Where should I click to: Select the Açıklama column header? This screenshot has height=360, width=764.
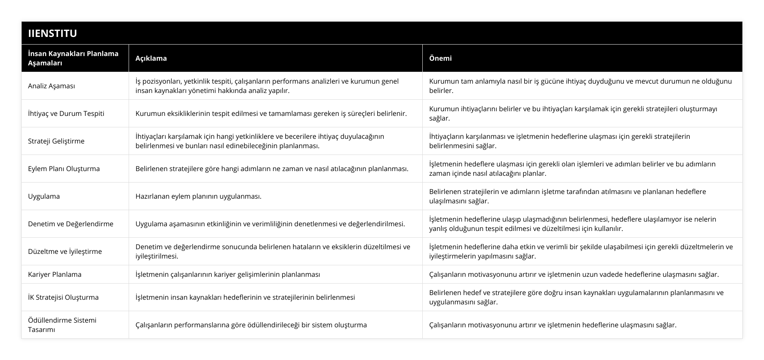(x=151, y=58)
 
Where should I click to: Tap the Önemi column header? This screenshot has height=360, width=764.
(x=441, y=58)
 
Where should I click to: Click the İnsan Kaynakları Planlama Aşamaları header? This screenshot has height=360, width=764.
(x=73, y=58)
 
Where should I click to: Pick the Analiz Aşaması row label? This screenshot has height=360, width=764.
(x=51, y=86)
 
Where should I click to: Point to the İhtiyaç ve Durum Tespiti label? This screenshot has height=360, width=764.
(x=66, y=113)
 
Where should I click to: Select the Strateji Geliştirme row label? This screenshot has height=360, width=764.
(x=56, y=141)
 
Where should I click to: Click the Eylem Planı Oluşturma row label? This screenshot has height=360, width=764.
(x=64, y=169)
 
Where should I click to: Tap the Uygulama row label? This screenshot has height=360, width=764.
(x=44, y=196)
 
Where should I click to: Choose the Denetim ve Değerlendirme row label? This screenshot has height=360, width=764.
(x=70, y=224)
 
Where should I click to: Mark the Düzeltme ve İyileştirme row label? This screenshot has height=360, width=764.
(x=65, y=251)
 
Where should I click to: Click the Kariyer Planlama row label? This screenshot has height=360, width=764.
(x=55, y=274)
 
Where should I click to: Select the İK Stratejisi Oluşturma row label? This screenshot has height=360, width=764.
(x=63, y=297)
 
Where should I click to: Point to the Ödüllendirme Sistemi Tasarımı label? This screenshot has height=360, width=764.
(x=62, y=325)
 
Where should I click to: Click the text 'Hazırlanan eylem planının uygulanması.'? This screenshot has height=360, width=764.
(x=198, y=196)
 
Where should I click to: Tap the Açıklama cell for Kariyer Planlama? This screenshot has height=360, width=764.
(x=228, y=274)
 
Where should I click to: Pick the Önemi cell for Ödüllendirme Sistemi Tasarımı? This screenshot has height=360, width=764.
(x=553, y=325)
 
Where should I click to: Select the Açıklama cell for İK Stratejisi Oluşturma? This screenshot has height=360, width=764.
(x=245, y=297)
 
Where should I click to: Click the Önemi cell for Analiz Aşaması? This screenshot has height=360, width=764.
(x=580, y=86)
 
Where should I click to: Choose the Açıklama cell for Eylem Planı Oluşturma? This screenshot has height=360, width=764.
(x=272, y=169)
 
